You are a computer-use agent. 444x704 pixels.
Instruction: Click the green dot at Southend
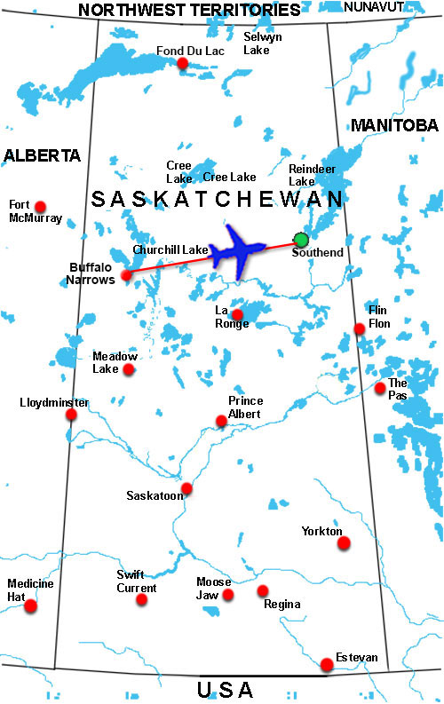(301, 239)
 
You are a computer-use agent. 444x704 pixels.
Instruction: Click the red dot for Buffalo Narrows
(127, 274)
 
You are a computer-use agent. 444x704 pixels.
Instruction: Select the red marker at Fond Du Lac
(182, 63)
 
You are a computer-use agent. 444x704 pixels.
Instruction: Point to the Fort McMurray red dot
(40, 205)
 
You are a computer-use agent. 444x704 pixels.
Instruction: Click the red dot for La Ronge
(237, 314)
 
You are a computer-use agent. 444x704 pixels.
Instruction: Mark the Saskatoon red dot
(186, 488)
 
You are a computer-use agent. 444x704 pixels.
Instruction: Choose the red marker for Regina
(263, 590)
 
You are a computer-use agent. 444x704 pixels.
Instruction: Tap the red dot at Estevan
(327, 663)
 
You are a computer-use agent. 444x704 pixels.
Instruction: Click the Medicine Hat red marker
(31, 606)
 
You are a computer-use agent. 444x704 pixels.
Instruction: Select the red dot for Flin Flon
(360, 328)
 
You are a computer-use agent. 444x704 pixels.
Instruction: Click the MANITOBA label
(394, 125)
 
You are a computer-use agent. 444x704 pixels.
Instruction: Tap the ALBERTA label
(42, 155)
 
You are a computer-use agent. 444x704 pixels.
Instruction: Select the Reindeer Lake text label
(309, 174)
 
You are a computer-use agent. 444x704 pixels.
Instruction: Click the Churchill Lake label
(170, 249)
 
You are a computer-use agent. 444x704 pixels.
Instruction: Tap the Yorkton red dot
(344, 542)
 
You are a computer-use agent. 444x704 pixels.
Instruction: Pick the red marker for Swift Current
(141, 599)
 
